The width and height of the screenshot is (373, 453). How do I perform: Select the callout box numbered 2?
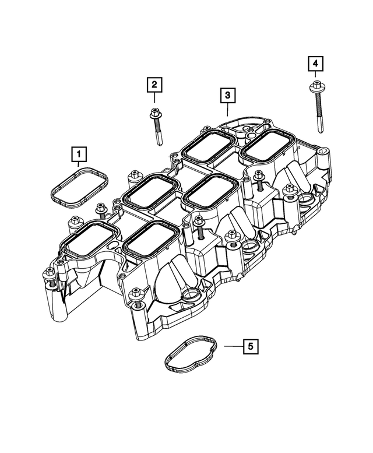click(154, 86)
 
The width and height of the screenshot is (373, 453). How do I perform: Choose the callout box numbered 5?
click(250, 346)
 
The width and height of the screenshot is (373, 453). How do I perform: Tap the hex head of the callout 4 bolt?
click(315, 87)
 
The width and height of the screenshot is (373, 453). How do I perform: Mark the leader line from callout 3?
click(227, 109)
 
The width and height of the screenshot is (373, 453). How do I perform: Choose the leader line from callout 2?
click(154, 99)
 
